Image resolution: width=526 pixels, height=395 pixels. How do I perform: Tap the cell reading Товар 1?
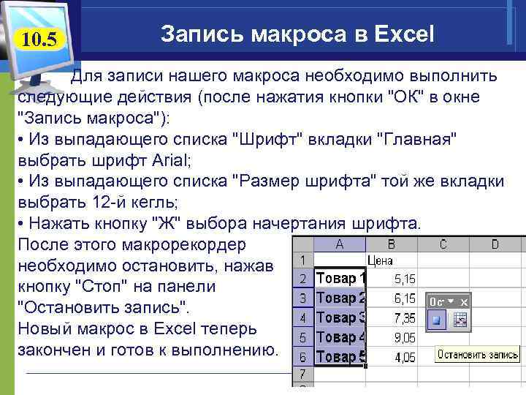pyautogui.click(x=340, y=279)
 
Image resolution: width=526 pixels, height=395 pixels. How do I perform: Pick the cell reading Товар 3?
pyautogui.click(x=340, y=318)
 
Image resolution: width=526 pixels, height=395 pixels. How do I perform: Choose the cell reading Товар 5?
pyautogui.click(x=340, y=358)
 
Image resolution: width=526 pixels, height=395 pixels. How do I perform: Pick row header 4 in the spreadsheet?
pyautogui.click(x=302, y=318)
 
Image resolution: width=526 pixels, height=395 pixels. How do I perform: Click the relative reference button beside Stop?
pyautogui.click(x=460, y=320)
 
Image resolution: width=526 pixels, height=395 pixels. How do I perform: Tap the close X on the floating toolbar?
pyautogui.click(x=463, y=301)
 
